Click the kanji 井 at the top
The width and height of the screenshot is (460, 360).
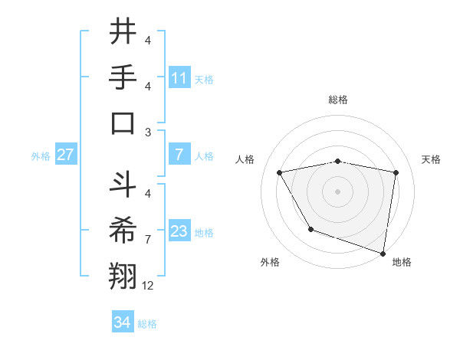(x=123, y=33)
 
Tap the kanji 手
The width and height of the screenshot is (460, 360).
(x=123, y=78)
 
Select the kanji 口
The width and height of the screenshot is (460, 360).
(x=123, y=123)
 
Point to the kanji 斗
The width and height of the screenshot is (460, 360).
(x=123, y=186)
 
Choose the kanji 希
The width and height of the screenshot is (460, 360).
(x=123, y=231)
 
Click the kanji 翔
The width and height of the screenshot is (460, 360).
(x=123, y=277)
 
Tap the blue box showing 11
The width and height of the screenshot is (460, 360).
(x=179, y=77)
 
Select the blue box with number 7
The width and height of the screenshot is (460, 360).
(x=179, y=155)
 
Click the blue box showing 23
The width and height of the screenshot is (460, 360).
(x=179, y=231)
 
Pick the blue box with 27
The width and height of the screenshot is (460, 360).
(x=66, y=155)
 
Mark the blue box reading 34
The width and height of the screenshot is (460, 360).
(x=123, y=322)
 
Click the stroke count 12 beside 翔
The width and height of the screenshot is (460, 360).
(x=148, y=286)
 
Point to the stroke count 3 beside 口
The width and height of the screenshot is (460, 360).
(x=148, y=132)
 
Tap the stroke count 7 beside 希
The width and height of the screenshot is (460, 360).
(x=148, y=240)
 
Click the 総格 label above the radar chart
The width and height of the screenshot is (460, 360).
(x=338, y=100)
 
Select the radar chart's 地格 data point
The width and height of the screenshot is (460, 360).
(x=383, y=252)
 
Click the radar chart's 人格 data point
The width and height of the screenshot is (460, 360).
(x=280, y=173)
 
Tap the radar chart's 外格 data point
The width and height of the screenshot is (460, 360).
(x=310, y=229)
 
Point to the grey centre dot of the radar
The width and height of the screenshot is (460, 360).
(x=338, y=191)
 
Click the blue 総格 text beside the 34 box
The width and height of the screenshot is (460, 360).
(x=147, y=324)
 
